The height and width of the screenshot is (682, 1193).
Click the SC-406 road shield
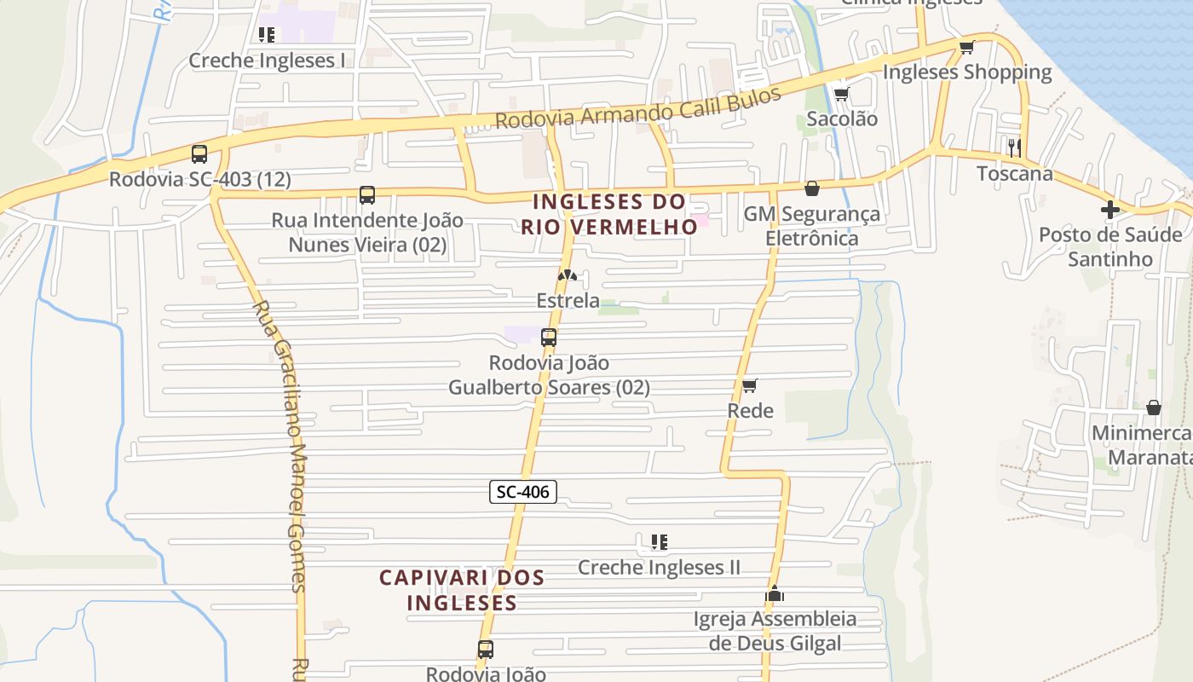523,491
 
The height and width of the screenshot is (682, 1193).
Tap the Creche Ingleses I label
267,61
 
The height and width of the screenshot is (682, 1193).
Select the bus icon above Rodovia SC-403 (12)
199,154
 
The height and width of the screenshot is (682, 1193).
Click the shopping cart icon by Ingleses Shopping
966,47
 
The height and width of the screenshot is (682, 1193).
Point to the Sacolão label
841,118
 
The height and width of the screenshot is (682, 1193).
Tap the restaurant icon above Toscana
1014,147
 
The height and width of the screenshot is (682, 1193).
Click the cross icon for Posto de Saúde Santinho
1109,209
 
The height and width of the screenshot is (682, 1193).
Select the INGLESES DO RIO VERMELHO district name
609,214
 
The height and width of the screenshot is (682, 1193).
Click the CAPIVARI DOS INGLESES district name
462,590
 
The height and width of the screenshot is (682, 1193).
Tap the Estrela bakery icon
568,275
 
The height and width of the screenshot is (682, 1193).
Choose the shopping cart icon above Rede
750,386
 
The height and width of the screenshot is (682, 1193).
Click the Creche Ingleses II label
659,568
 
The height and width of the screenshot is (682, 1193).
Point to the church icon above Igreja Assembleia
774,593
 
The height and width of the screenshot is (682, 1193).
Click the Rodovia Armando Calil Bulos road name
637,107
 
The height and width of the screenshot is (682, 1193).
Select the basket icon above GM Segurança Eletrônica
812,188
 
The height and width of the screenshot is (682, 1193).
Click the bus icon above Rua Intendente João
367,195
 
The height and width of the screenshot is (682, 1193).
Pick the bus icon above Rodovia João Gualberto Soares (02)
549,338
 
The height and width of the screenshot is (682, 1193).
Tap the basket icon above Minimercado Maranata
1153,408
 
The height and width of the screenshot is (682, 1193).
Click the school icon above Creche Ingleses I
267,35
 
